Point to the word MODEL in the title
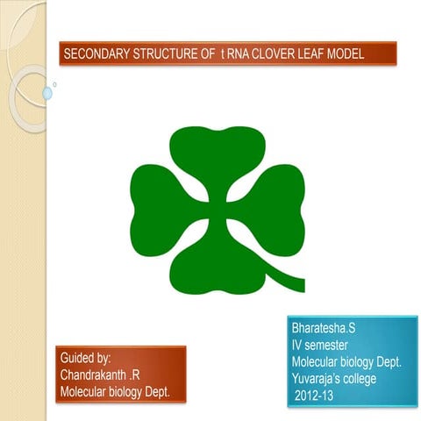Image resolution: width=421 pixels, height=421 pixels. pyautogui.click(x=361, y=56)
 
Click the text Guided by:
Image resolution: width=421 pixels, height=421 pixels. pyautogui.click(x=85, y=358)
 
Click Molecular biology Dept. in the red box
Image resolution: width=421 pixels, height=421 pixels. pyautogui.click(x=115, y=389)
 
